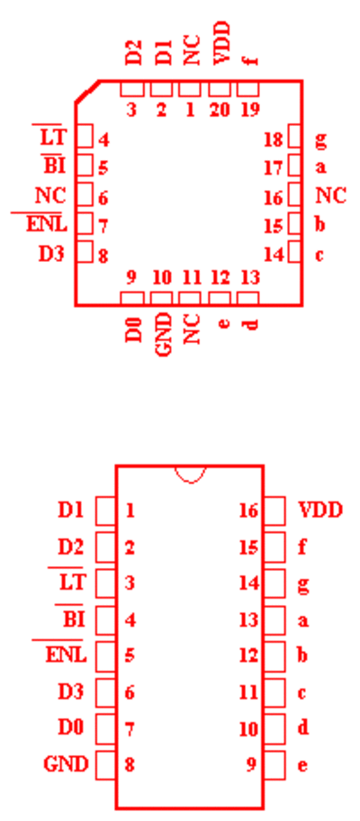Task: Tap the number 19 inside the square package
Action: coord(250,111)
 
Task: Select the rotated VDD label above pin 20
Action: coord(222,43)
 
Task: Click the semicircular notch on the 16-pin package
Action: coord(190,474)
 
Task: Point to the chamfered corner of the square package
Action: coord(87,92)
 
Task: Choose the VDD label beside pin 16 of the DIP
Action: coord(320,510)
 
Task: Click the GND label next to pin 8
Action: coord(66,764)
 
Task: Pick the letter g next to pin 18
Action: coord(320,140)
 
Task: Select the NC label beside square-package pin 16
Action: coord(330,196)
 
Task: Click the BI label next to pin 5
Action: coord(54,166)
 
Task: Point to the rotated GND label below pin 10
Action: coord(164,334)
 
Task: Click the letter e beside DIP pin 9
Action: coord(301,765)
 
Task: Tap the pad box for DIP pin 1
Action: coord(105,511)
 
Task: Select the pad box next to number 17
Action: coord(295,166)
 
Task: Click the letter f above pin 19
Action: coord(252,57)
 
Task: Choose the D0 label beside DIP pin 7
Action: coord(70,727)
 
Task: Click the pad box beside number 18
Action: coord(295,136)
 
